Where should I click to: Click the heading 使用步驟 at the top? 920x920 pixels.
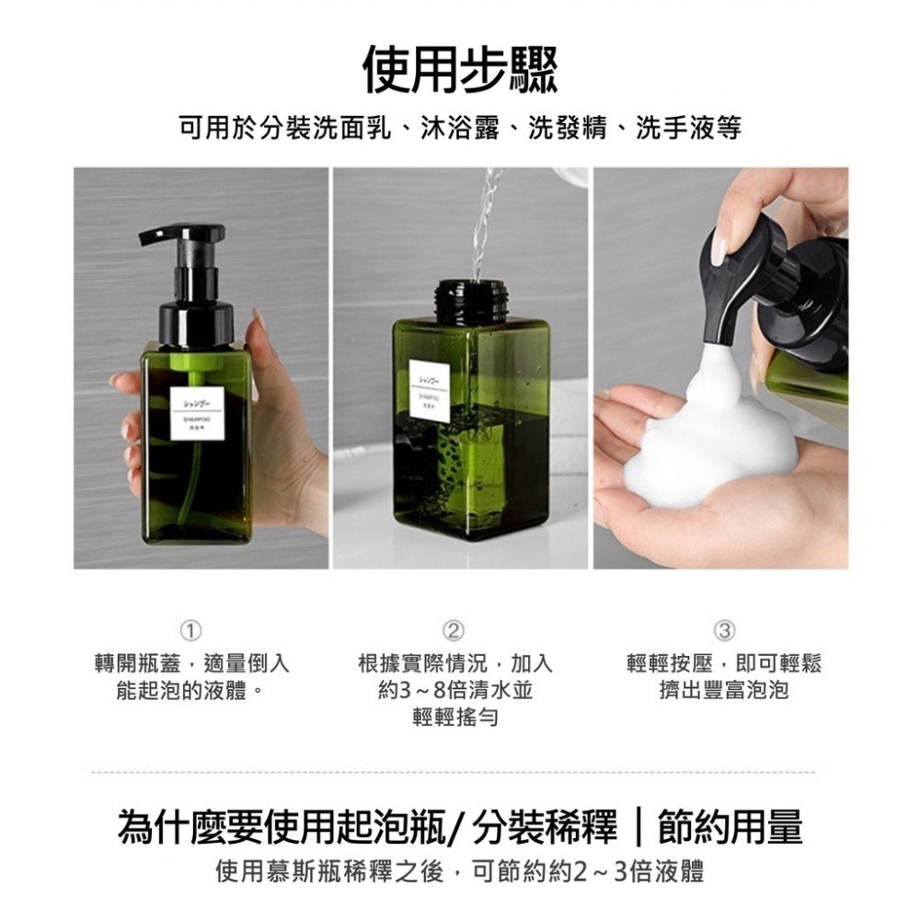tap(460, 71)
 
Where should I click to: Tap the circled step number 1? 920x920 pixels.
tap(191, 630)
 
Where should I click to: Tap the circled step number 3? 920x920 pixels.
tap(724, 630)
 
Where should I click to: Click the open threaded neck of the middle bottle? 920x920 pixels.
tap(467, 296)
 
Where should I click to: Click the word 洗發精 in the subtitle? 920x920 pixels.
tap(559, 129)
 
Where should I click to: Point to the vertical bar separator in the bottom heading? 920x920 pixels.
tap(638, 827)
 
